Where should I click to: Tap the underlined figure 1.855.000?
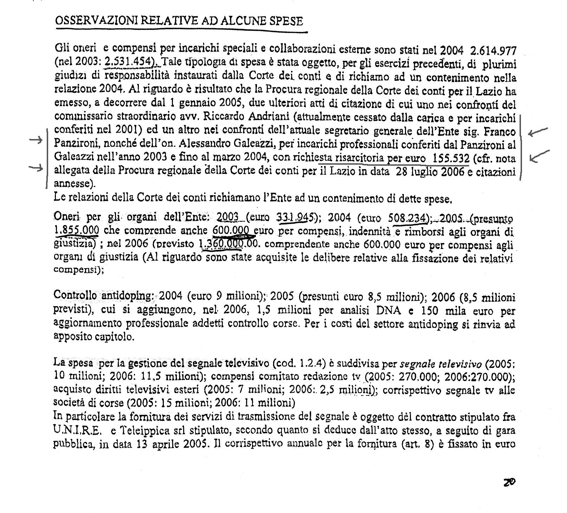[77, 230]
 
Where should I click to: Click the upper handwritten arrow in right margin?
[538, 132]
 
